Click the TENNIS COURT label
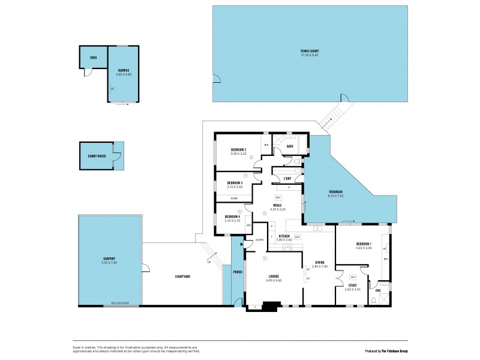(309, 51)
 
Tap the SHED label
(94, 59)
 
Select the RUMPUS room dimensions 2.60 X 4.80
(124, 74)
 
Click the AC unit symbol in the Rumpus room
(112, 89)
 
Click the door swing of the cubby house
(118, 157)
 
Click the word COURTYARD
(182, 277)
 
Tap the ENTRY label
(259, 240)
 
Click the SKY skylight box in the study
(353, 277)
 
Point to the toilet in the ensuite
(375, 302)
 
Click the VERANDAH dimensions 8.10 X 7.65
(335, 196)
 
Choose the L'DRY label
(287, 179)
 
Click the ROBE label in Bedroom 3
(233, 197)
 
